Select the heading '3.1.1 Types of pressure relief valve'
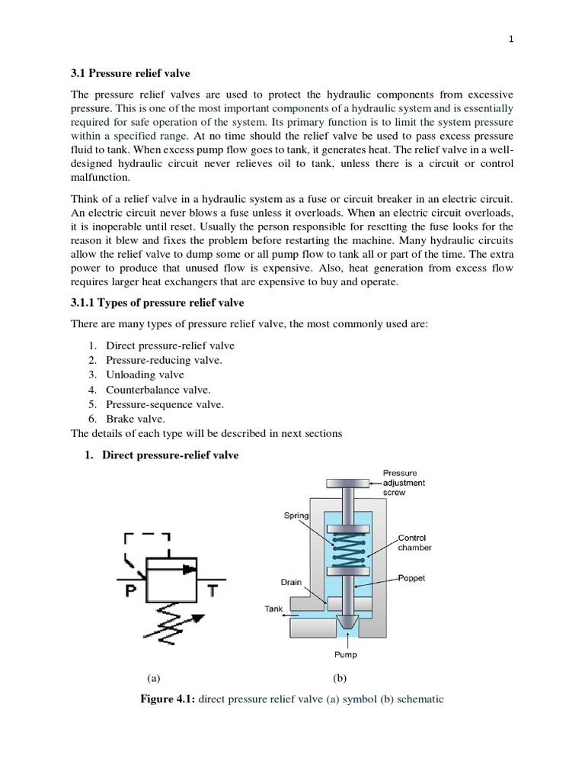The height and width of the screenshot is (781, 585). pyautogui.click(x=158, y=304)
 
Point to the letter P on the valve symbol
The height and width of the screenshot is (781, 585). pyautogui.click(x=129, y=591)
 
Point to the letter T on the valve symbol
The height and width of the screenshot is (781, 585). pyautogui.click(x=212, y=591)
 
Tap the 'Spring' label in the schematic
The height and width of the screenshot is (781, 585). pyautogui.click(x=296, y=516)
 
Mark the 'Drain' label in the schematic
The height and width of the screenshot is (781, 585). pyautogui.click(x=291, y=583)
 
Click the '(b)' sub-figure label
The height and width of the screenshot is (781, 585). pyautogui.click(x=339, y=677)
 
